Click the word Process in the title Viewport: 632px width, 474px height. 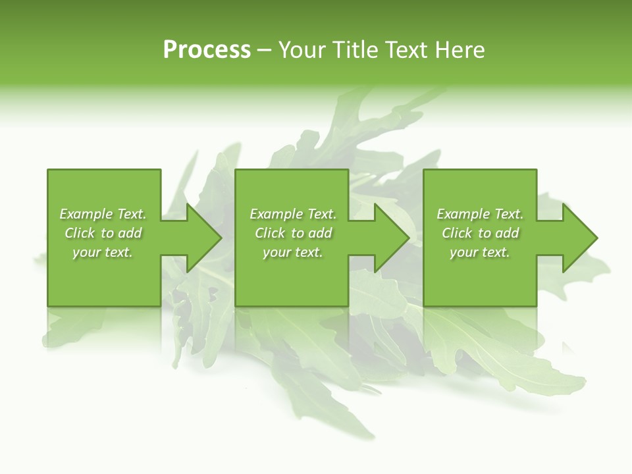pos(207,50)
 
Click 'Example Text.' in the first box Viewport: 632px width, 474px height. pos(103,214)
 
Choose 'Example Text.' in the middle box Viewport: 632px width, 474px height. pos(293,214)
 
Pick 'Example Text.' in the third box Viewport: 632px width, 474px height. pos(480,214)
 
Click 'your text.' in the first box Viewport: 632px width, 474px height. pos(103,252)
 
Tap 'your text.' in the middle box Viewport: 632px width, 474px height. pos(293,252)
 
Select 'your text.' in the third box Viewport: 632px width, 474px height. pos(480,252)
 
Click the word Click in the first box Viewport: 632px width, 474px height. pos(80,233)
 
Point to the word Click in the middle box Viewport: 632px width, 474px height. pos(270,233)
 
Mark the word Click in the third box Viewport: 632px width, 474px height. pos(457,233)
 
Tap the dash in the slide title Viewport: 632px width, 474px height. pos(265,50)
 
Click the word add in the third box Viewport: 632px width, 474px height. pos(508,233)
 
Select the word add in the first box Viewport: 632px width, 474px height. pos(130,233)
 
